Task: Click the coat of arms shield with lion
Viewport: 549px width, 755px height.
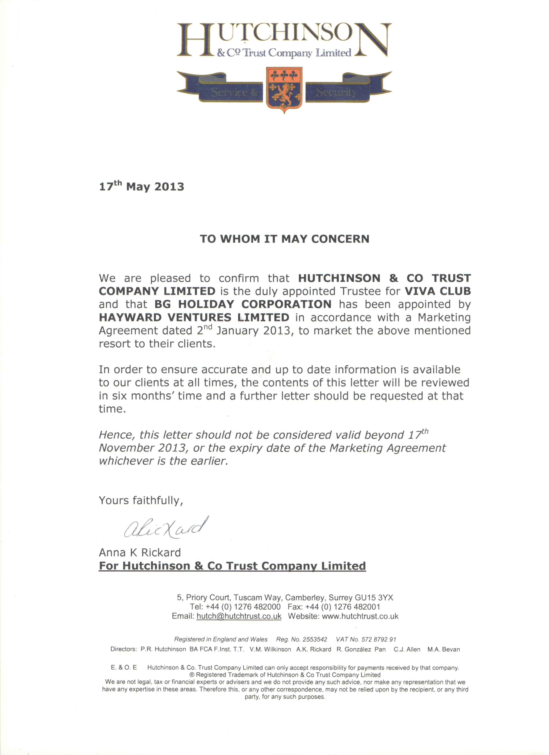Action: pos(284,89)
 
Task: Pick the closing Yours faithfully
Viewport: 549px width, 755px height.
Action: pos(141,500)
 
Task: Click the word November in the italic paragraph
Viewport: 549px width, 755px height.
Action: pos(125,448)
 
